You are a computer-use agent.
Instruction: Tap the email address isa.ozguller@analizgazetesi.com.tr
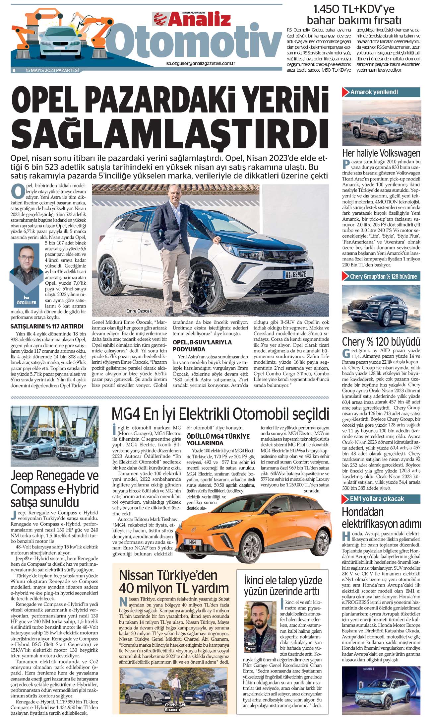(200, 63)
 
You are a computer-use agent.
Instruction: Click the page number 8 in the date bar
(14, 70)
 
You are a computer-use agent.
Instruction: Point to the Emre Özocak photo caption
(139, 311)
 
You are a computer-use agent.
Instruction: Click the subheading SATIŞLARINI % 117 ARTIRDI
(47, 326)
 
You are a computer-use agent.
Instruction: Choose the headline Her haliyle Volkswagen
(381, 153)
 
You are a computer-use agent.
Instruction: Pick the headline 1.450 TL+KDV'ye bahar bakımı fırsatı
(354, 15)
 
